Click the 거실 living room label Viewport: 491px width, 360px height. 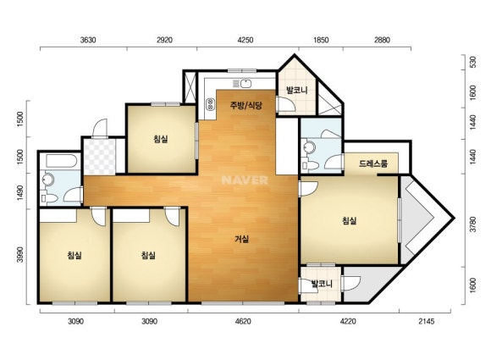tap(242, 240)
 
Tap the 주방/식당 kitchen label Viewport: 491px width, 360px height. tap(245, 105)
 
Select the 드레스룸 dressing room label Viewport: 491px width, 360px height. tap(373, 163)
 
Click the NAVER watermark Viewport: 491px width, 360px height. tap(245, 180)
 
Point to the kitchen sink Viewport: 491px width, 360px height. tap(243, 83)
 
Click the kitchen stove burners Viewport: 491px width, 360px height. tap(210, 104)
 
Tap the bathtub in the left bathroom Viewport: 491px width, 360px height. tap(61, 161)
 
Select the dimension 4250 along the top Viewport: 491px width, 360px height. tap(245, 40)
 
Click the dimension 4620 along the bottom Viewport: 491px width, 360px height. tap(243, 322)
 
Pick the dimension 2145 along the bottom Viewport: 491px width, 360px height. tap(427, 322)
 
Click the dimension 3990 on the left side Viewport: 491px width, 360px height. tap(20, 255)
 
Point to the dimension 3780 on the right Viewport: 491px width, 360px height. tap(473, 224)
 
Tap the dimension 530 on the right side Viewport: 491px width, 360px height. tap(473, 62)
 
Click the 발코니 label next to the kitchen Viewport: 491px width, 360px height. tap(297, 91)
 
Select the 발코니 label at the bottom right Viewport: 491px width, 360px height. tap(322, 284)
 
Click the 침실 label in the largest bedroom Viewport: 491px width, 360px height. tap(350, 221)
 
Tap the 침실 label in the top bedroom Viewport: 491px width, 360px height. tap(161, 138)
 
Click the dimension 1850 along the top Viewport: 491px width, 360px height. tap(321, 40)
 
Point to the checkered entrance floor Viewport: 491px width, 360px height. tap(100, 157)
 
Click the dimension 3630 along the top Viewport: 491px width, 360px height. tap(88, 40)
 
